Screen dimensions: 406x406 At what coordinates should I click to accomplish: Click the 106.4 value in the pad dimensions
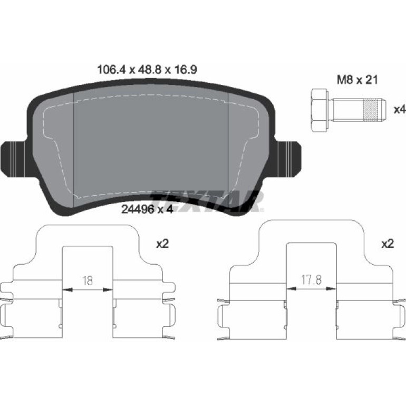coord(112,70)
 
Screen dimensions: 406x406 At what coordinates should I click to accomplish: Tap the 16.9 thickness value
coord(185,70)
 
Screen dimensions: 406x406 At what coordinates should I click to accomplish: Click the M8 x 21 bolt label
coord(357,80)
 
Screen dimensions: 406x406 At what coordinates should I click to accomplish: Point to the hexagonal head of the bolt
coord(320,111)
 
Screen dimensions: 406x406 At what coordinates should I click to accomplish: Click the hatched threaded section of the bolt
coord(371,110)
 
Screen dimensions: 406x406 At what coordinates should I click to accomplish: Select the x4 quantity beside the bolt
coord(400,110)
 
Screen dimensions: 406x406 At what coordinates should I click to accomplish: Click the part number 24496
coord(138,209)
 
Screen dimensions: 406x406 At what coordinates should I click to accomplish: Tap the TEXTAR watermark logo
coord(207,201)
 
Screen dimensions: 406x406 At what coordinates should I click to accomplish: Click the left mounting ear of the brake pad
coord(14,159)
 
